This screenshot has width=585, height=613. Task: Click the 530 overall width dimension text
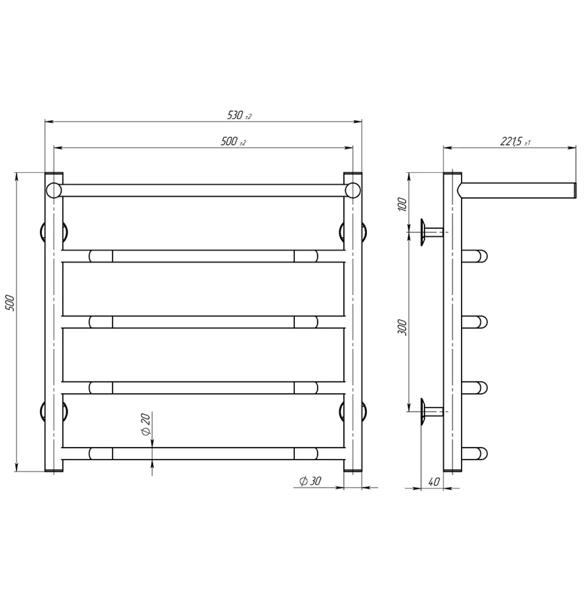[x=239, y=115]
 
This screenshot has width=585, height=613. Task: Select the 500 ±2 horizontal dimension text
[x=233, y=142]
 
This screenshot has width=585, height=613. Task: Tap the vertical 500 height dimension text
[x=10, y=302]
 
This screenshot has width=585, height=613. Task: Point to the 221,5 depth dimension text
[x=515, y=142]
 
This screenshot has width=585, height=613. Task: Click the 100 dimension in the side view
[x=403, y=204]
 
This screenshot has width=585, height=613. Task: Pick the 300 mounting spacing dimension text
[x=402, y=327]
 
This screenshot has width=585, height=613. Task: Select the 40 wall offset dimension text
[x=434, y=482]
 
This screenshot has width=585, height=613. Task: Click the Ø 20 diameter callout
[x=146, y=424]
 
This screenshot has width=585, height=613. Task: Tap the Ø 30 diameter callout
[x=310, y=481]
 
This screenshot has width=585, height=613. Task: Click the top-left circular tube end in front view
[x=54, y=190]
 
